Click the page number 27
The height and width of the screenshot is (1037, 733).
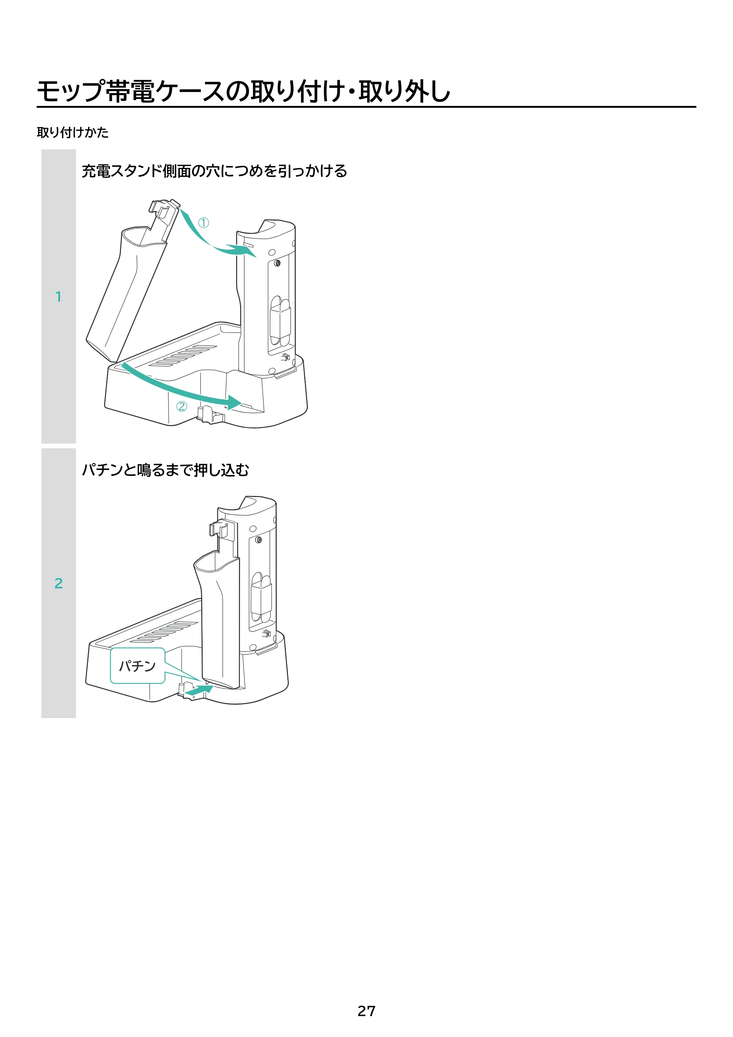tap(366, 1011)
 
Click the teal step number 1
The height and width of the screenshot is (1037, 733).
tap(58, 297)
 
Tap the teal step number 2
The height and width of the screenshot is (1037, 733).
tap(58, 583)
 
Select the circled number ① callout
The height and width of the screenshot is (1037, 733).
tap(204, 223)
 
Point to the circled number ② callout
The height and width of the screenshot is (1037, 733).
tap(181, 407)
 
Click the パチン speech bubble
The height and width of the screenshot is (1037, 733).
tap(137, 666)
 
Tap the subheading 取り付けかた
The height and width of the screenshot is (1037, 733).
tap(73, 132)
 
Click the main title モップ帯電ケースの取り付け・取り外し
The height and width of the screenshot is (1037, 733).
tap(243, 91)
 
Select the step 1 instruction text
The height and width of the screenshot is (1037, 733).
tap(214, 171)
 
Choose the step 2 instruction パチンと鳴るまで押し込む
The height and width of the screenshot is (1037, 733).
tap(165, 470)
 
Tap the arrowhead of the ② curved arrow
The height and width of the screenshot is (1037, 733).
tap(234, 402)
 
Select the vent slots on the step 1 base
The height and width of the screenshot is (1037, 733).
tap(183, 356)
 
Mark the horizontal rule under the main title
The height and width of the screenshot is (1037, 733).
tap(366, 107)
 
